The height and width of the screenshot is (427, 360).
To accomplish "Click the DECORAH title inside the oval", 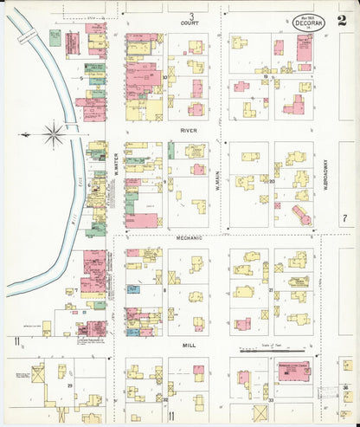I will tap(308, 23).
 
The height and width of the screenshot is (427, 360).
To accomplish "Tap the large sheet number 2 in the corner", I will tap(343, 20).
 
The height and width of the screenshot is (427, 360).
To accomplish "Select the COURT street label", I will tap(189, 23).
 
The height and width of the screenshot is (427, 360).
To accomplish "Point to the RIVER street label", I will tap(189, 130).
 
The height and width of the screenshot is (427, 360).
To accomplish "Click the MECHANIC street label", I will tap(189, 237).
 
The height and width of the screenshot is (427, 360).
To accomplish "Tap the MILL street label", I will tap(189, 344).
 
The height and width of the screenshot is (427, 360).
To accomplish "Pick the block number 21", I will tap(271, 290).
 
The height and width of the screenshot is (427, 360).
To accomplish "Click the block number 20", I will tap(271, 181).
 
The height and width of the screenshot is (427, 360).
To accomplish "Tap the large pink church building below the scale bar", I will tap(294, 372).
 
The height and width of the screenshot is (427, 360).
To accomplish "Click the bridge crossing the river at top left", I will tap(26, 36).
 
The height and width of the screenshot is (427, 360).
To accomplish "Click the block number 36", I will tap(345, 387).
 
